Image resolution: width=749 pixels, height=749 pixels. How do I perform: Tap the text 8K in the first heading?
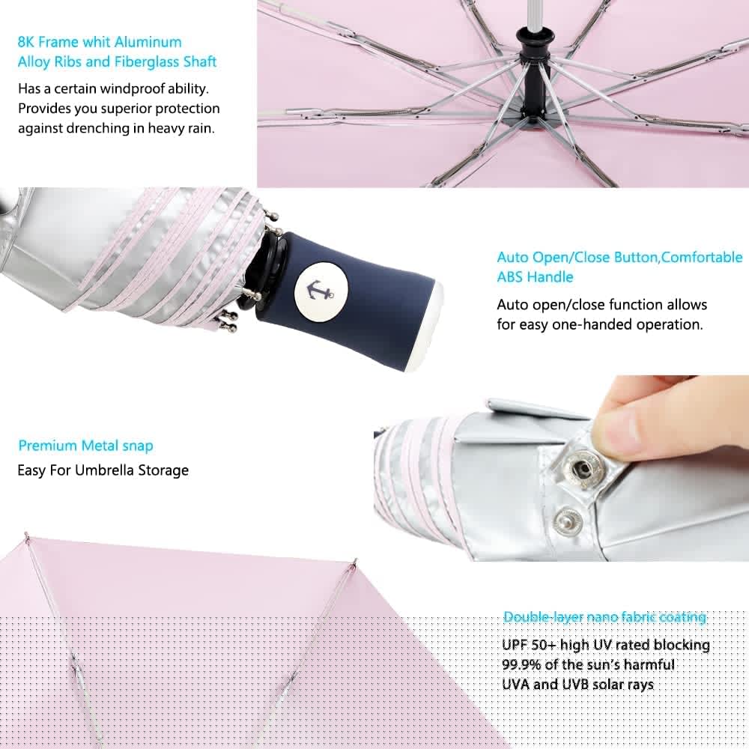[25, 42]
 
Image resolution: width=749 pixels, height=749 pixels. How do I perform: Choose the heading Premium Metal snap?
[85, 446]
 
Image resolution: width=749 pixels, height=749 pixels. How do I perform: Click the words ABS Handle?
[535, 277]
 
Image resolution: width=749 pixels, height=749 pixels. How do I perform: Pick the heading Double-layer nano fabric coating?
[604, 617]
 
